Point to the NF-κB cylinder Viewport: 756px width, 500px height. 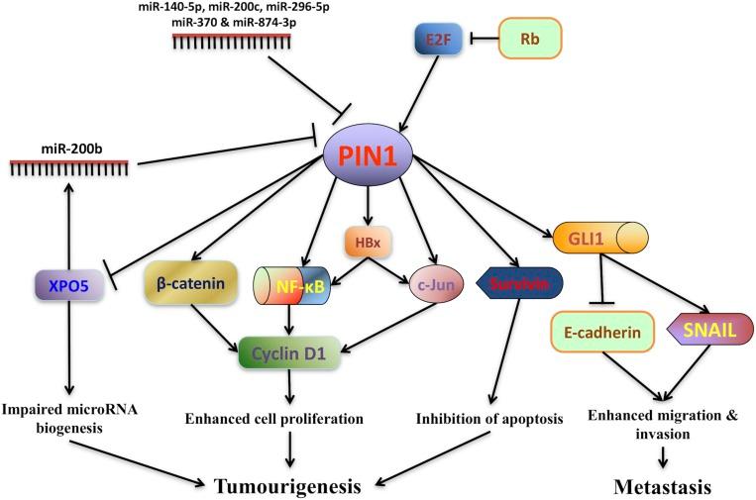click(289, 285)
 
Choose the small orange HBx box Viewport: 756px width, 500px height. click(362, 240)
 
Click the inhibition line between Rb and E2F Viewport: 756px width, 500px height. click(481, 41)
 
